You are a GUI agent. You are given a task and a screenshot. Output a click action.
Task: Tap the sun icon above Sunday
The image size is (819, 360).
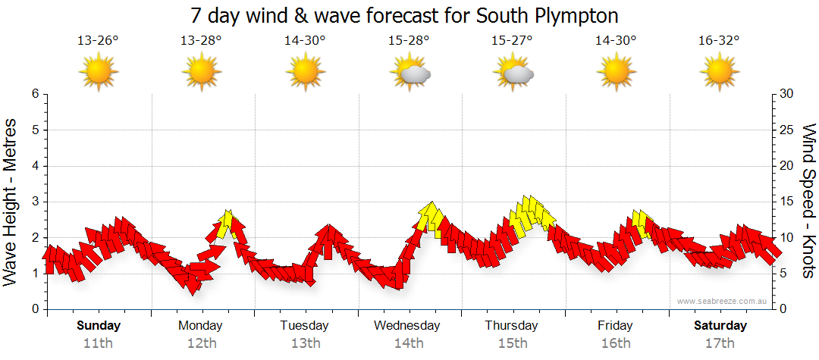click(98, 73)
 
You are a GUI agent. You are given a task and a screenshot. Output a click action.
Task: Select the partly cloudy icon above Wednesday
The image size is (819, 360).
click(410, 73)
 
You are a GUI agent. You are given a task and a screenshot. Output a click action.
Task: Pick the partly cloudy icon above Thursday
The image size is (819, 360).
click(513, 73)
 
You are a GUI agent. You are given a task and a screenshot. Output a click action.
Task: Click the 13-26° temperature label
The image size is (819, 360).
click(98, 41)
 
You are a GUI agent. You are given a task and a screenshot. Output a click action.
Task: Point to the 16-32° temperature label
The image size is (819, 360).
click(719, 41)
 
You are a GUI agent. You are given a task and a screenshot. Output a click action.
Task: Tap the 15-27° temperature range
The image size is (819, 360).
click(512, 41)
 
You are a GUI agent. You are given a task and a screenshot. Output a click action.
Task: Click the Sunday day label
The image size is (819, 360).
click(99, 326)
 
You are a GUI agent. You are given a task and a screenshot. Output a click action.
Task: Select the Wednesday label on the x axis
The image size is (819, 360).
click(406, 326)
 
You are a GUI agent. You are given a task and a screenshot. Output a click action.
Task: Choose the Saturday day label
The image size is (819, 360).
click(720, 326)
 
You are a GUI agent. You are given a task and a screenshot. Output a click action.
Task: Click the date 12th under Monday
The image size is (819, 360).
click(200, 343)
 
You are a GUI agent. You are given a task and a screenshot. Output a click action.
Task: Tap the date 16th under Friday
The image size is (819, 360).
click(615, 343)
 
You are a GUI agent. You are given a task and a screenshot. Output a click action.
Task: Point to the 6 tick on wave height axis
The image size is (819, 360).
click(35, 94)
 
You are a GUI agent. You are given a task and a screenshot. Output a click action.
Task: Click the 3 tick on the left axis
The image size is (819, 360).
click(35, 202)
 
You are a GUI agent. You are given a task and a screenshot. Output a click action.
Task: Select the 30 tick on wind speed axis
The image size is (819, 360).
click(786, 94)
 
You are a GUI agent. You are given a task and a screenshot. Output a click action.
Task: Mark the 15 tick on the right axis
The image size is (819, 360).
click(786, 202)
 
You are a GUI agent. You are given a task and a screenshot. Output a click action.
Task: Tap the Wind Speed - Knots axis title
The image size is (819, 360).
click(808, 201)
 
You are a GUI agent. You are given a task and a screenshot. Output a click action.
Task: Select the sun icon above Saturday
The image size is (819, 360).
click(719, 73)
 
